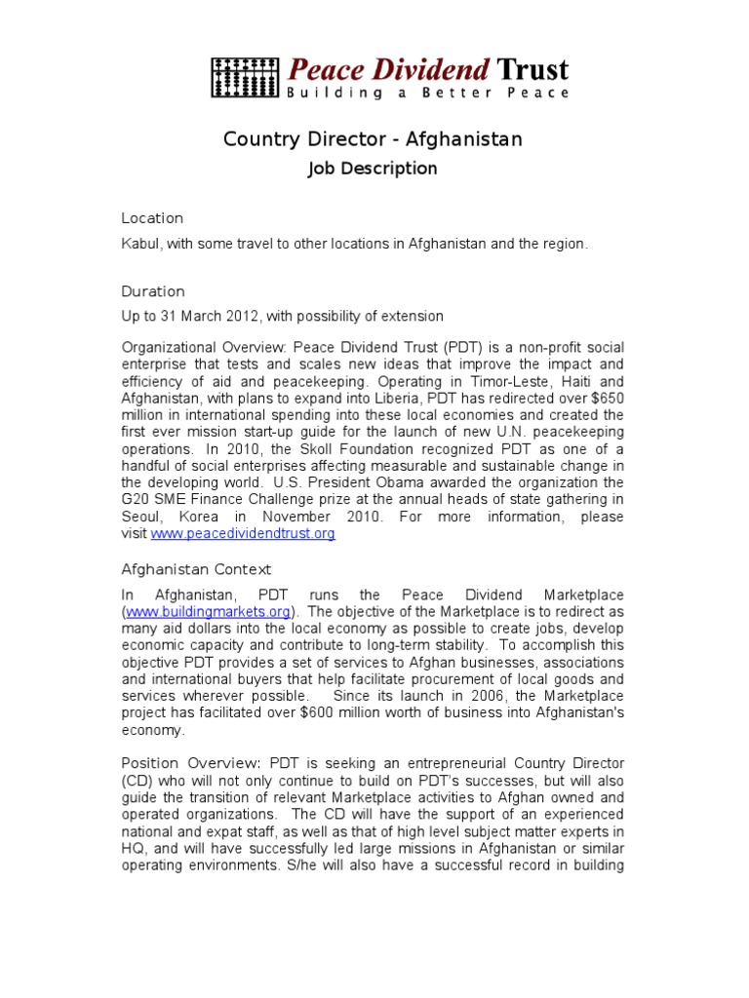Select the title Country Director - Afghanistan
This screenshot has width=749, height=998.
pyautogui.click(x=373, y=139)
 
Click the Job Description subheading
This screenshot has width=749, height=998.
pyautogui.click(x=373, y=169)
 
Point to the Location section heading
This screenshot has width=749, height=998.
pyautogui.click(x=152, y=218)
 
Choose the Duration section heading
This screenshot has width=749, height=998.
pyautogui.click(x=153, y=291)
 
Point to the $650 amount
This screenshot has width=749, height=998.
pyautogui.click(x=603, y=399)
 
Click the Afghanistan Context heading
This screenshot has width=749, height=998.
pyautogui.click(x=196, y=569)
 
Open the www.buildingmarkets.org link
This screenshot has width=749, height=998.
pyautogui.click(x=209, y=612)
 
